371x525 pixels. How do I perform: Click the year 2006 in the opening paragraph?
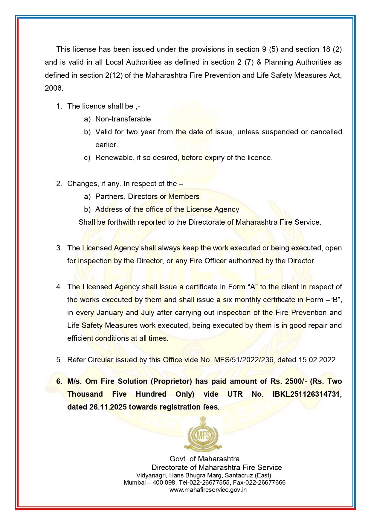click(x=54, y=88)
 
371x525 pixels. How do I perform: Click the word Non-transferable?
click(x=123, y=119)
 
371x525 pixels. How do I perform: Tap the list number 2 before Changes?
click(x=59, y=184)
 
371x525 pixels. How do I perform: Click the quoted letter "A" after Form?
click(x=253, y=287)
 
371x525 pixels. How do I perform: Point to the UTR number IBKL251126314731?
click(x=307, y=394)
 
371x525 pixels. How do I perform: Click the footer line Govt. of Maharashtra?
click(x=204, y=459)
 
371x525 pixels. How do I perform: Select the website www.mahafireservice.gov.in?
click(x=208, y=490)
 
